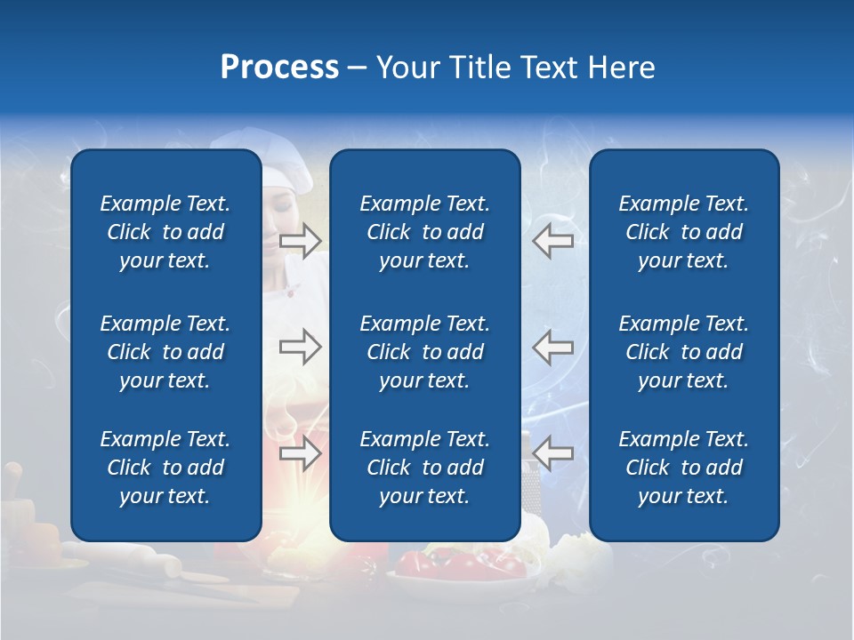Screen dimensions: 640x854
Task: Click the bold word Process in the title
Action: pyautogui.click(x=279, y=68)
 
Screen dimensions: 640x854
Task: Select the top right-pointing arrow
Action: pyautogui.click(x=301, y=241)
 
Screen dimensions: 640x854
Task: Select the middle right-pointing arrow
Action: pyautogui.click(x=301, y=347)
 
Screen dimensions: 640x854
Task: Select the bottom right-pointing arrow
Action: pyautogui.click(x=301, y=453)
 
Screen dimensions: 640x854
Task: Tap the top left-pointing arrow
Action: pyautogui.click(x=553, y=241)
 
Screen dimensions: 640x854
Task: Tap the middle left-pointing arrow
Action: pyautogui.click(x=553, y=347)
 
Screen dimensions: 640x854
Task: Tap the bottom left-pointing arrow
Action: pyautogui.click(x=553, y=453)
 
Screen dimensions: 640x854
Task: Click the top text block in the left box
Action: pyautogui.click(x=165, y=232)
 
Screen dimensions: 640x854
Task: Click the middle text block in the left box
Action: pyautogui.click(x=165, y=352)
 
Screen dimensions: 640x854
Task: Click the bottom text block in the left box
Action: pyautogui.click(x=165, y=468)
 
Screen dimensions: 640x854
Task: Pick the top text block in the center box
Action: pyautogui.click(x=424, y=232)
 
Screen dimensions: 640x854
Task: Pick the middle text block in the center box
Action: pyautogui.click(x=424, y=352)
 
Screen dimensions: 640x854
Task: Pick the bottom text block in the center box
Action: pyautogui.click(x=424, y=468)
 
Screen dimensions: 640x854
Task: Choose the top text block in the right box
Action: pyautogui.click(x=683, y=232)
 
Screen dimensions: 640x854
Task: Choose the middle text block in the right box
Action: pyautogui.click(x=683, y=352)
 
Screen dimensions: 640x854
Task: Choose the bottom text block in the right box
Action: pyautogui.click(x=683, y=468)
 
